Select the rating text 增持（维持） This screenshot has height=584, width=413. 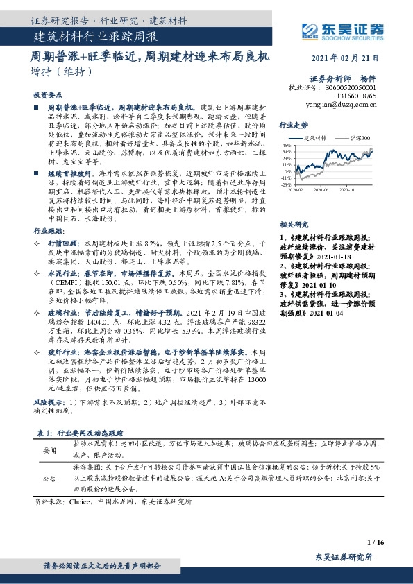click(x=61, y=71)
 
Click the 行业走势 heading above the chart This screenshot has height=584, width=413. click(x=293, y=126)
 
